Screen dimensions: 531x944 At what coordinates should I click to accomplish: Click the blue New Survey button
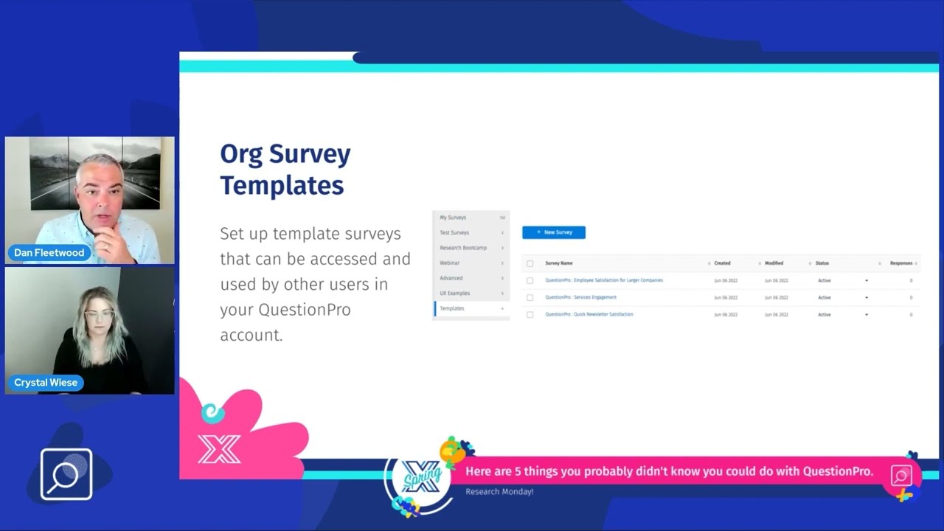click(553, 232)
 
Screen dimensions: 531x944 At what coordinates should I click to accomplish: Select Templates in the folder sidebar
click(452, 308)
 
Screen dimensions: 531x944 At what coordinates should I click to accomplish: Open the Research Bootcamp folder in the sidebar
click(463, 248)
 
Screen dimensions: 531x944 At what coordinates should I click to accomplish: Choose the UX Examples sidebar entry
click(454, 294)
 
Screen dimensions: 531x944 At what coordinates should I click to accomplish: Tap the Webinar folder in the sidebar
click(449, 263)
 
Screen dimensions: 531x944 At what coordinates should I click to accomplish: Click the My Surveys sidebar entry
click(453, 218)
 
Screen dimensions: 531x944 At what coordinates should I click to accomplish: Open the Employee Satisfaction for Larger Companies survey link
click(603, 280)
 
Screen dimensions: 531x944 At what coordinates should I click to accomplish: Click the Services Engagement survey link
click(580, 297)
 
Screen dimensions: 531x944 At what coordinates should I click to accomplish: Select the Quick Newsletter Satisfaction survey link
click(589, 314)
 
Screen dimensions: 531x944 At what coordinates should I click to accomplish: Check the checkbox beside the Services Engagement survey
click(530, 298)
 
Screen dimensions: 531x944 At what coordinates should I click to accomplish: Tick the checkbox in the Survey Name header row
click(530, 263)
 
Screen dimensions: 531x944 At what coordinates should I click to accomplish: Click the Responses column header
click(900, 263)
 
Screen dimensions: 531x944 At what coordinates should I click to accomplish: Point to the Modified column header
click(774, 263)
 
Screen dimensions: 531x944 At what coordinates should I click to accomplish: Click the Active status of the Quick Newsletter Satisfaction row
click(824, 315)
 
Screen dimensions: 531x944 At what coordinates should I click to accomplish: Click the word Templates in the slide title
click(282, 185)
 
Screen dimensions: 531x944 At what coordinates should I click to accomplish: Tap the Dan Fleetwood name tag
click(49, 252)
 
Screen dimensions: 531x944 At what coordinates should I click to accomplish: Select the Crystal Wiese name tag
click(46, 383)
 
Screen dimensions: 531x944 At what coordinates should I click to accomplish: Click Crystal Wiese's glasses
click(99, 313)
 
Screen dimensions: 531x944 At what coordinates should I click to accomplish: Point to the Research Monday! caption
click(499, 491)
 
